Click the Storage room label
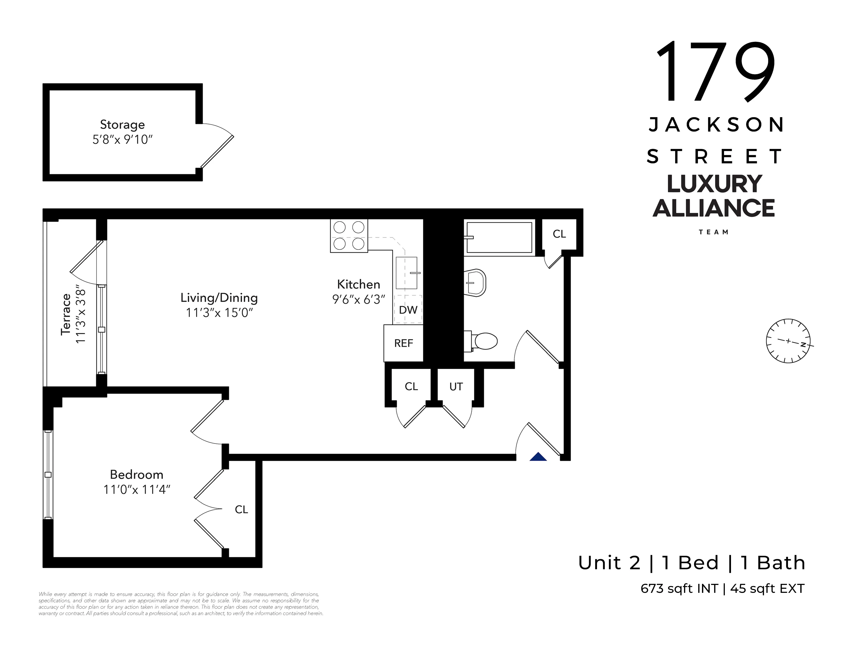point(122,125)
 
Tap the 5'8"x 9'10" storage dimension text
point(122,140)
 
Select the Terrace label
point(66,314)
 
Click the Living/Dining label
point(219,298)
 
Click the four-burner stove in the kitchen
point(349,236)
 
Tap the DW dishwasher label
point(408,310)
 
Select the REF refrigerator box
point(403,343)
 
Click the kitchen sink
point(407,273)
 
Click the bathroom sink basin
point(475,283)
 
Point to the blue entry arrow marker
point(538,457)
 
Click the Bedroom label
point(137,475)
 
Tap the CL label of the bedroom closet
point(241,510)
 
